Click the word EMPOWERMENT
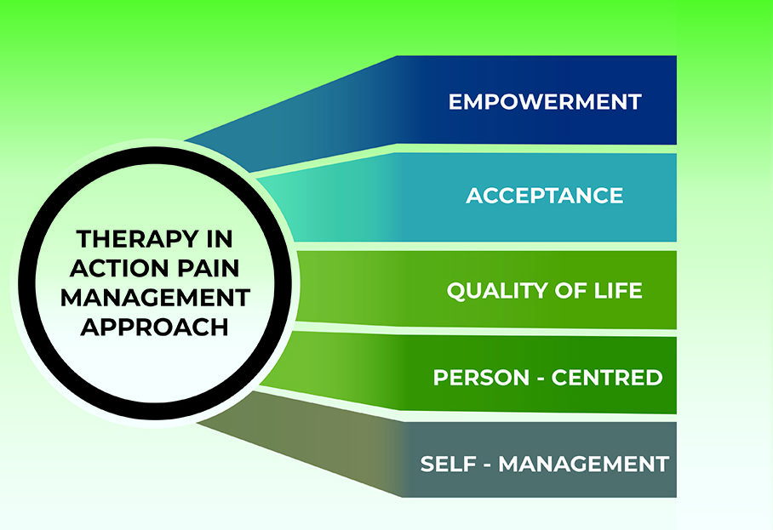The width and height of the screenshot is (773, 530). [545, 101]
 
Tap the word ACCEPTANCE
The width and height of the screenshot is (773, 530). [544, 196]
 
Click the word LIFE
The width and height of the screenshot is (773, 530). [618, 290]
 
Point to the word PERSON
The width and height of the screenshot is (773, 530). [481, 378]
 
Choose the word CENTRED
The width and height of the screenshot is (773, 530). [607, 378]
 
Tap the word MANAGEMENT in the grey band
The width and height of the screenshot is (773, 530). [584, 464]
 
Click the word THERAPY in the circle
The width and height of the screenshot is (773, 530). [130, 239]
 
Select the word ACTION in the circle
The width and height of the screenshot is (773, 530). [119, 269]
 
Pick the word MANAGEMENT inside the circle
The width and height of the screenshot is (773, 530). [155, 298]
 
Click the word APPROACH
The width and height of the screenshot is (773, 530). [155, 327]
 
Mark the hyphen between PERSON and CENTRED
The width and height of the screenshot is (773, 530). [541, 379]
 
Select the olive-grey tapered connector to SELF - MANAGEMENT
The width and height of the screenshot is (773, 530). [306, 438]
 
